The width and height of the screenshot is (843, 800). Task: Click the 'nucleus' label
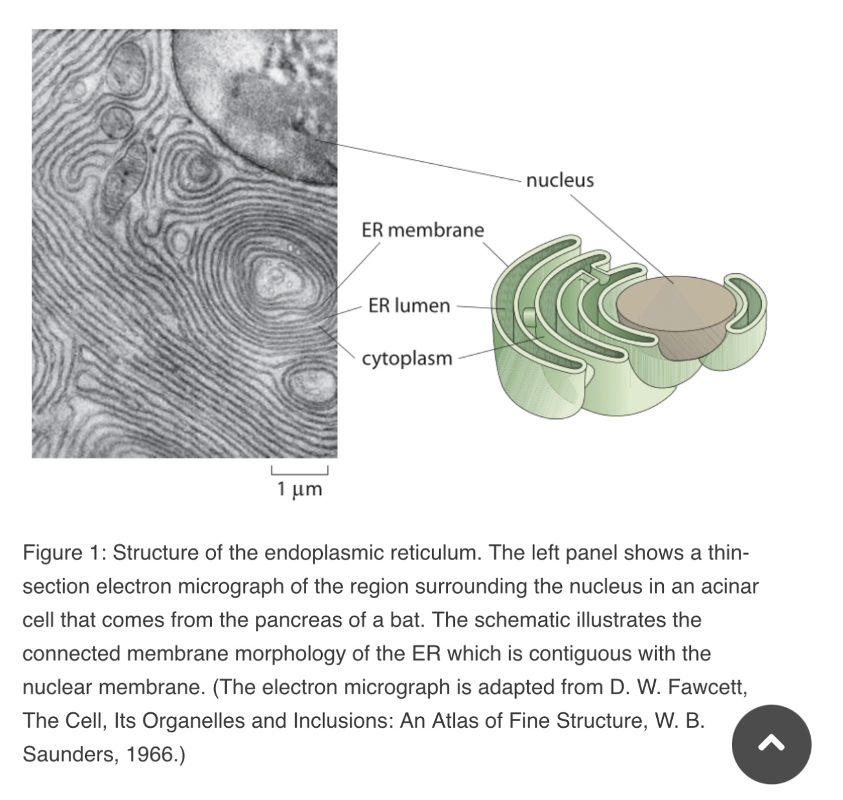pos(559,180)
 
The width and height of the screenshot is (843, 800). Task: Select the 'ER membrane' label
pos(422,230)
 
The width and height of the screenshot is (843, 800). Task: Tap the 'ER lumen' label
pos(409,305)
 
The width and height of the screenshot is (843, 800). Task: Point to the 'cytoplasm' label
pos(407,358)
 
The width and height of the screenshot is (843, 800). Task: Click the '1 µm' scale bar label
pos(300,489)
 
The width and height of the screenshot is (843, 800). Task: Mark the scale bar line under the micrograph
pos(300,470)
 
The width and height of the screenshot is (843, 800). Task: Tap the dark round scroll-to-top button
pos(771,745)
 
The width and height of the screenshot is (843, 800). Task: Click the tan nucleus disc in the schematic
pos(673,302)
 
